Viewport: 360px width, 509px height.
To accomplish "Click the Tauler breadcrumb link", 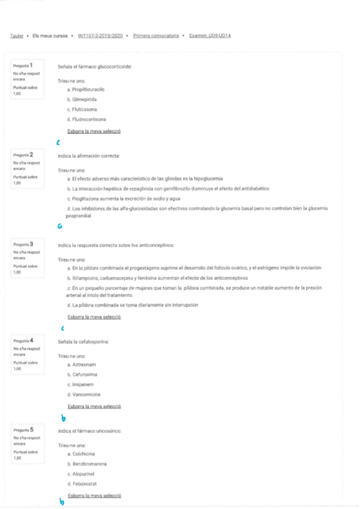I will [17, 36].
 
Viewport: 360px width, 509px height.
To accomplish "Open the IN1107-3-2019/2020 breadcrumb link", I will [100, 36].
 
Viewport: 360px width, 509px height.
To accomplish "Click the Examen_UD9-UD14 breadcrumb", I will [210, 36].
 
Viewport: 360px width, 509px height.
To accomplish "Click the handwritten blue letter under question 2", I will [59, 227].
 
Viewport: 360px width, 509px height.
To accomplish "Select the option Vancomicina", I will [84, 394].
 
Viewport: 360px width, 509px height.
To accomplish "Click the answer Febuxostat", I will [83, 484].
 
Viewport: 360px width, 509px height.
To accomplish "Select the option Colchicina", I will [82, 454].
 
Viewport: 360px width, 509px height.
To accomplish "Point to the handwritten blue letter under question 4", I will [64, 418].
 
